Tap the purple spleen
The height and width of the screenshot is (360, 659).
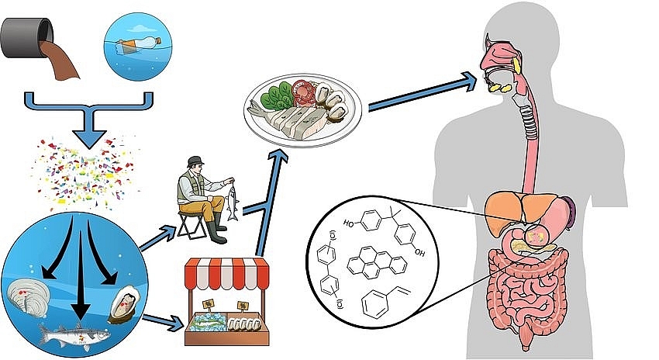click(x=571, y=212)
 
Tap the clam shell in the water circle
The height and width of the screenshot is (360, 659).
click(x=31, y=296)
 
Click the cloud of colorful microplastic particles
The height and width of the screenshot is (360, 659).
click(x=85, y=171)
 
